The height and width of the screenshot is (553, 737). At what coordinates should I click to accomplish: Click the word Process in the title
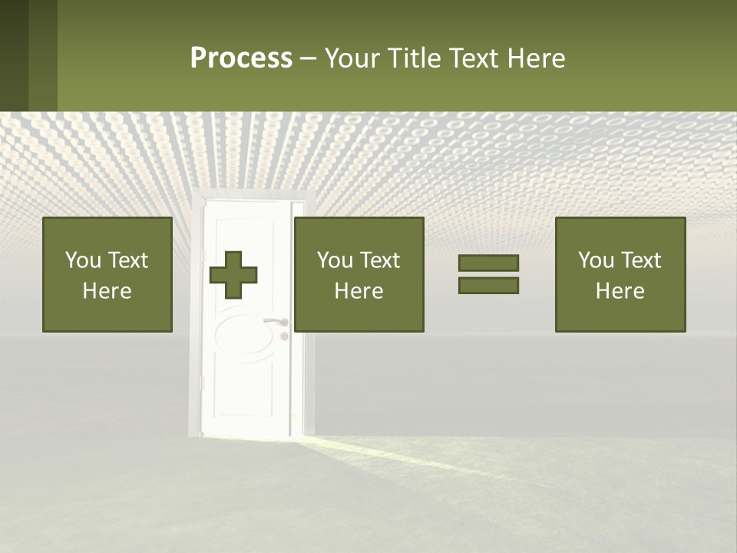coord(241,58)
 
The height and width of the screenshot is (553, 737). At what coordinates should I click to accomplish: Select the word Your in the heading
coord(352,58)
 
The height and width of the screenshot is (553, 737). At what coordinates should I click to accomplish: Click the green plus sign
coord(233,275)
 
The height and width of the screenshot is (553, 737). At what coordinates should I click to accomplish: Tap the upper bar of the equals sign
coord(488,263)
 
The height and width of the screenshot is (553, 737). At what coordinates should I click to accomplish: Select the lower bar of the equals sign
coord(488,286)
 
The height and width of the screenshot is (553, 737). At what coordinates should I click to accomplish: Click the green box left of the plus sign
coord(107,274)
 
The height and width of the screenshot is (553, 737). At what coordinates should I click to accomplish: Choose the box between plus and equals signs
coord(359,274)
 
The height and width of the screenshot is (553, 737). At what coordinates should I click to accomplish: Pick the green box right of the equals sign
coord(620,274)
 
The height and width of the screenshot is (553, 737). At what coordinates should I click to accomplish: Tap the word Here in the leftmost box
coord(107,291)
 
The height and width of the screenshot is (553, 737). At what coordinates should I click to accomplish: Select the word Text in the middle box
coord(379,260)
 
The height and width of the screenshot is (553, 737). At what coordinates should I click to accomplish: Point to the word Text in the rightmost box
coord(640,260)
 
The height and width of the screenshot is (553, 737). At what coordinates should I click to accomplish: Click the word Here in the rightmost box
coord(620,291)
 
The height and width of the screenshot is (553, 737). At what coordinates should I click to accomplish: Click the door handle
coord(274,322)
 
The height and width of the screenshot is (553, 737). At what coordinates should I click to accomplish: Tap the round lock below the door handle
coord(283,336)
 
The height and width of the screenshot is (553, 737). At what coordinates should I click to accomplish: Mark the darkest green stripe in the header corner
coord(14,55)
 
